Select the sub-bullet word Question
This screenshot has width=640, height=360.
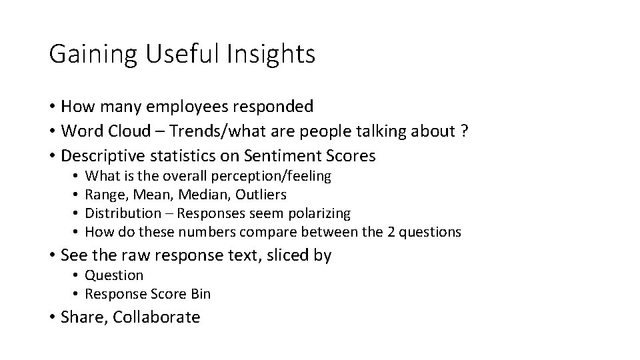[x=115, y=275]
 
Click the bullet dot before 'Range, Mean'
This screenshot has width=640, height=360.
[x=77, y=195]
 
